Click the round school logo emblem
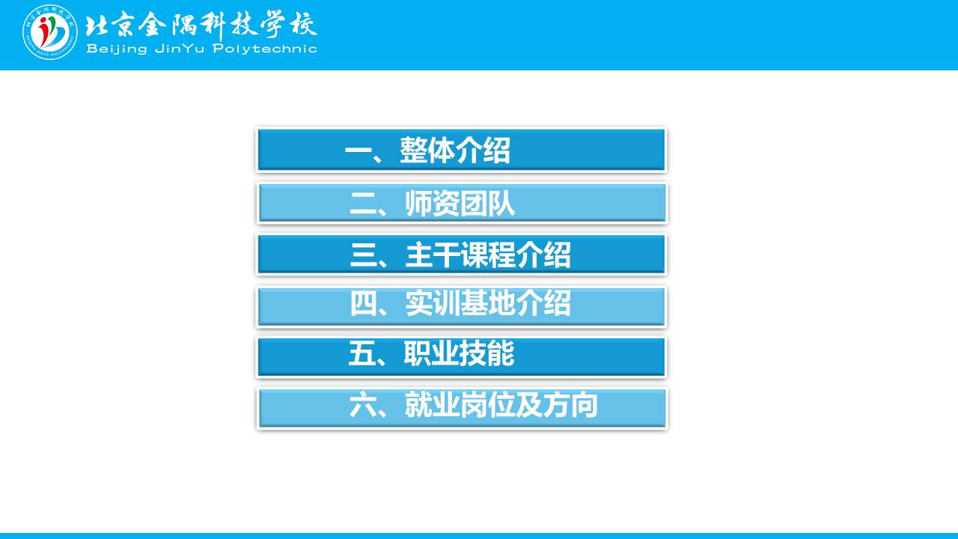pos(50,32)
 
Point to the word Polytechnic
pos(265,49)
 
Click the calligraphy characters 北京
pos(109,25)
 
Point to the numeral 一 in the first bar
pos(358,151)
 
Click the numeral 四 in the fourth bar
pos(363,303)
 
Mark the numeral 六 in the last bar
pos(363,405)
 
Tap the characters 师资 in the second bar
pos(432,203)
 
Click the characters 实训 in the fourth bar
pos(433,303)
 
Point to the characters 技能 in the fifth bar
pos(486,353)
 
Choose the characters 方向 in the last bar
pos(570,405)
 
